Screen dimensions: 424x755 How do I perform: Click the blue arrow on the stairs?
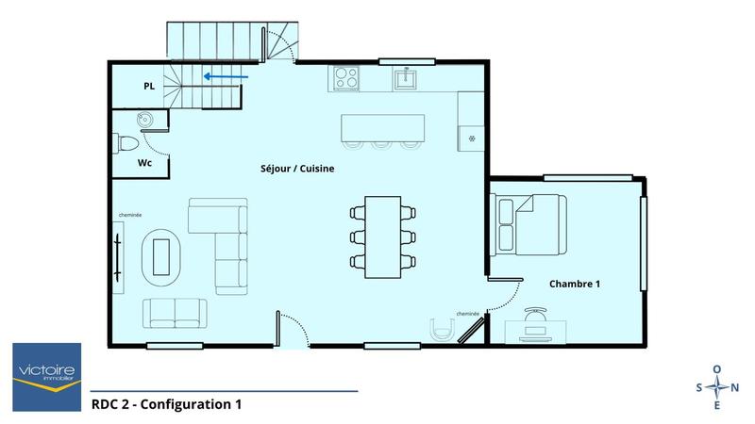pos(227,77)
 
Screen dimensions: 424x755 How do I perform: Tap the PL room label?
pos(149,86)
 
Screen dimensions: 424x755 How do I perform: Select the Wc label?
pos(144,162)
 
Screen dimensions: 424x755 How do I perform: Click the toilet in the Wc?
pos(126,144)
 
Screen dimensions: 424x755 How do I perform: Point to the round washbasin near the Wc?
pos(144,119)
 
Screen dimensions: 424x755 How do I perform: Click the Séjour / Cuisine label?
pos(297,170)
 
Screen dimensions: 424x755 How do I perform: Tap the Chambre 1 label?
pos(576,284)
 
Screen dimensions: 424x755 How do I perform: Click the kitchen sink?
pos(408,77)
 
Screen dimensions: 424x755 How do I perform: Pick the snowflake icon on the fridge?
pos(472,138)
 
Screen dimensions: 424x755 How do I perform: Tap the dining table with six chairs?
pos(382,236)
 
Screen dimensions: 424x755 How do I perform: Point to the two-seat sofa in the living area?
pos(176,312)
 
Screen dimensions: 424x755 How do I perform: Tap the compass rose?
pos(717,387)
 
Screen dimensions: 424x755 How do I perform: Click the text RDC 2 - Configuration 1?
pos(166,405)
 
